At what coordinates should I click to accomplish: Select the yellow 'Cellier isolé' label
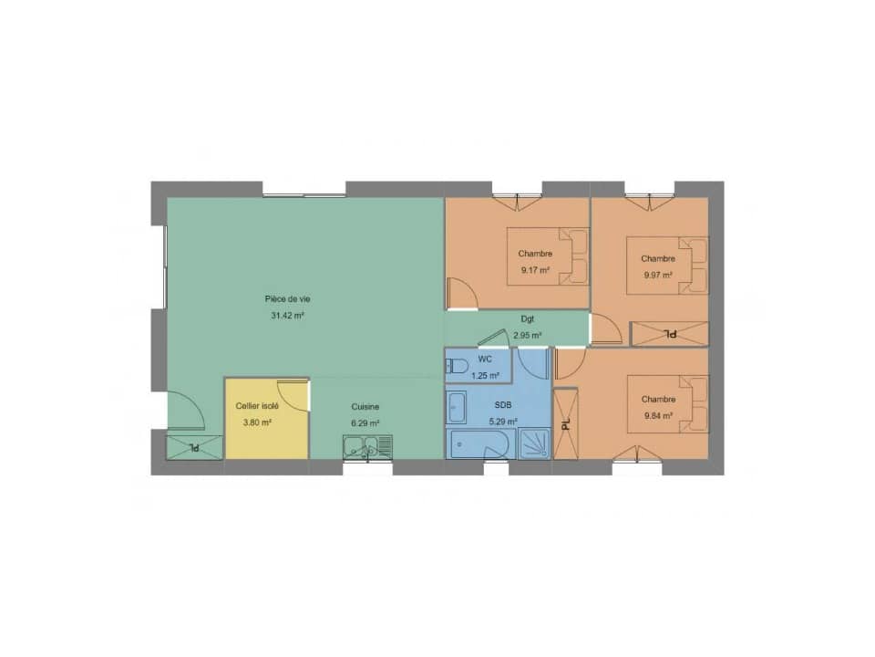[x=258, y=405]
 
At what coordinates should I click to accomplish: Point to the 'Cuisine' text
[x=365, y=406]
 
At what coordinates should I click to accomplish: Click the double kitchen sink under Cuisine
[x=367, y=447]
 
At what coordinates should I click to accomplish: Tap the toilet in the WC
[x=457, y=368]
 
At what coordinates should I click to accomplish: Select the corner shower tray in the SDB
[x=535, y=443]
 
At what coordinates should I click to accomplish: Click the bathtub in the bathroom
[x=482, y=444]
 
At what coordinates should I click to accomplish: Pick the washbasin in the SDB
[x=456, y=407]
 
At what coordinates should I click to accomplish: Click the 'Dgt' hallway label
[x=527, y=319]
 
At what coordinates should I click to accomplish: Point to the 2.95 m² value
[x=527, y=335]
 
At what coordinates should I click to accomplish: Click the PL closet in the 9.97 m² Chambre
[x=669, y=334]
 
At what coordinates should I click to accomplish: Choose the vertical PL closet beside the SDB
[x=565, y=424]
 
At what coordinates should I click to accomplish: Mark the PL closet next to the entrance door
[x=193, y=447]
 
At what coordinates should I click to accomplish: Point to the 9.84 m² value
[x=657, y=415]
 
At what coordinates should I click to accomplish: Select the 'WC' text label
[x=484, y=360]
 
